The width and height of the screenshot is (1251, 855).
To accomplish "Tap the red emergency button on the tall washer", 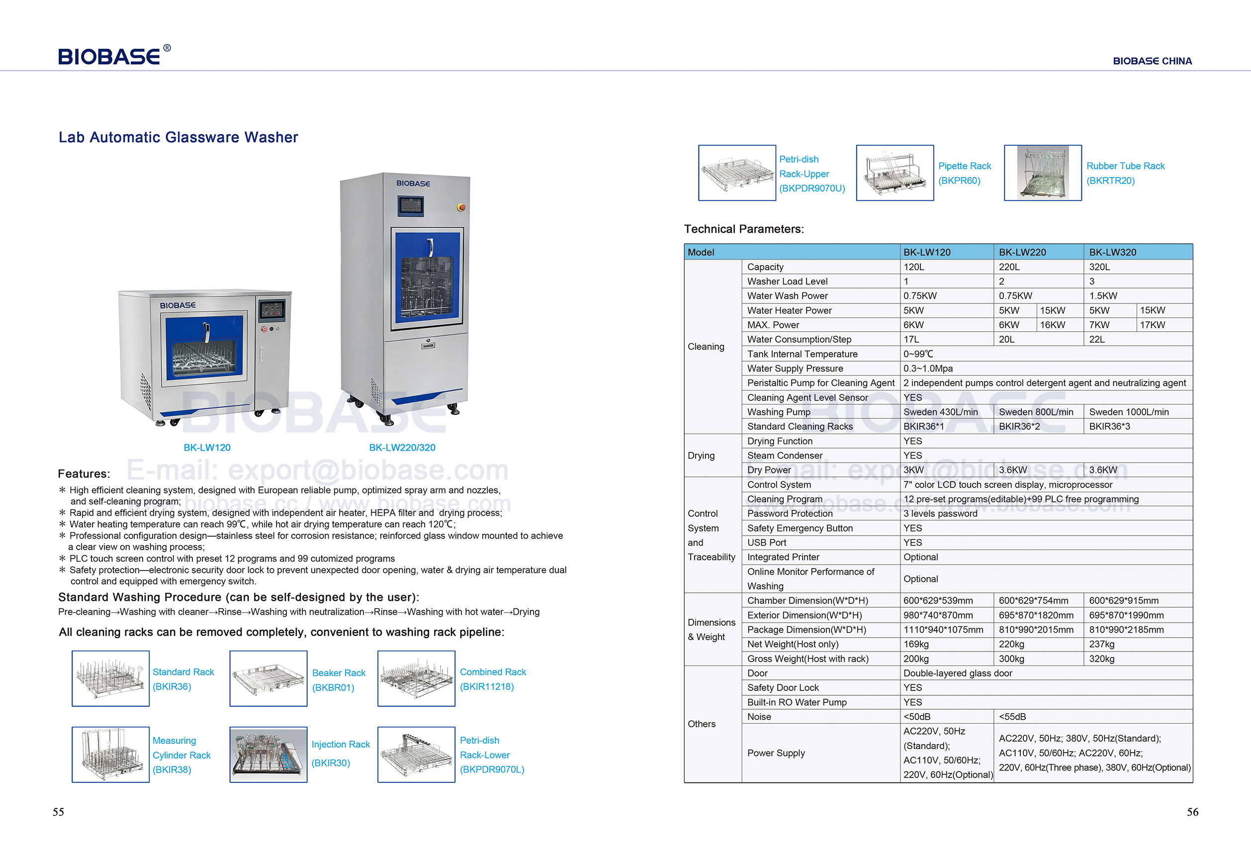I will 461,207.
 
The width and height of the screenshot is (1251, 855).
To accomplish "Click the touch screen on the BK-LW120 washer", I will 271,309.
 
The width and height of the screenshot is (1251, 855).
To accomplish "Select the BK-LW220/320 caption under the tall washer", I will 402,448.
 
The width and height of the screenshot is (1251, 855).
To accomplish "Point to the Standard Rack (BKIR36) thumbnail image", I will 110,678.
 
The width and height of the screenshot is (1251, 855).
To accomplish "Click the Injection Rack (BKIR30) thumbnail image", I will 268,755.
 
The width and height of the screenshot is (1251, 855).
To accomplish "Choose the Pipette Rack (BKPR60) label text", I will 964,173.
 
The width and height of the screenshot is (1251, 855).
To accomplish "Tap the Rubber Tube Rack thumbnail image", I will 1043,173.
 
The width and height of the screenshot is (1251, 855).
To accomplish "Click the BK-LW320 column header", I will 1112,252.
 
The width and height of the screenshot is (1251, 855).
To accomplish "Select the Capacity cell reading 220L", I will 1009,267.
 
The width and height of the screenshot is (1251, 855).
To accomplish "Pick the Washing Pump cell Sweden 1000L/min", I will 1128,412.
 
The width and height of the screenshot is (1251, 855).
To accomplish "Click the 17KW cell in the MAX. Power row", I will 1152,325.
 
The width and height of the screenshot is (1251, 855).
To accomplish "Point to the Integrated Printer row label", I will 783,557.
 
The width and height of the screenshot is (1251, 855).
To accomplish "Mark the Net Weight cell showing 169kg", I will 916,644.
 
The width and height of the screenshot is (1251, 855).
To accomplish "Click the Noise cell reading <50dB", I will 916,717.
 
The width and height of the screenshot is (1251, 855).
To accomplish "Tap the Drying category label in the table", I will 701,456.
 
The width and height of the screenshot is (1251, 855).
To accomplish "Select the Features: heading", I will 84,474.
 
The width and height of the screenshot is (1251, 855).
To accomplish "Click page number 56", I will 1192,812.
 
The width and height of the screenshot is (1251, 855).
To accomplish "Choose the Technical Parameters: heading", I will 743,229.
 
